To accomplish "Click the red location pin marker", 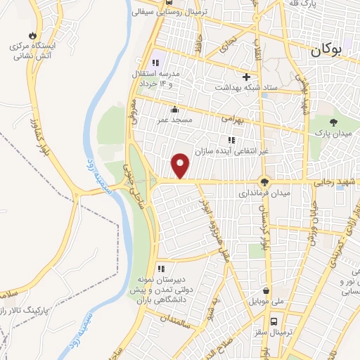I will click(x=181, y=165).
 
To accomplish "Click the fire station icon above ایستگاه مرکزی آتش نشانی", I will click(x=32, y=35).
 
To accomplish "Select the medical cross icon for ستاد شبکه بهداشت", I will click(x=246, y=77).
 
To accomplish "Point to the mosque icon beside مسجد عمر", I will click(x=174, y=109).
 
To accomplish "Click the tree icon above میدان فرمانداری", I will click(x=265, y=179).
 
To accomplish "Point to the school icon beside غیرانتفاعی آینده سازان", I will click(x=231, y=140).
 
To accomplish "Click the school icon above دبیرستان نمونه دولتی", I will click(x=161, y=268).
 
